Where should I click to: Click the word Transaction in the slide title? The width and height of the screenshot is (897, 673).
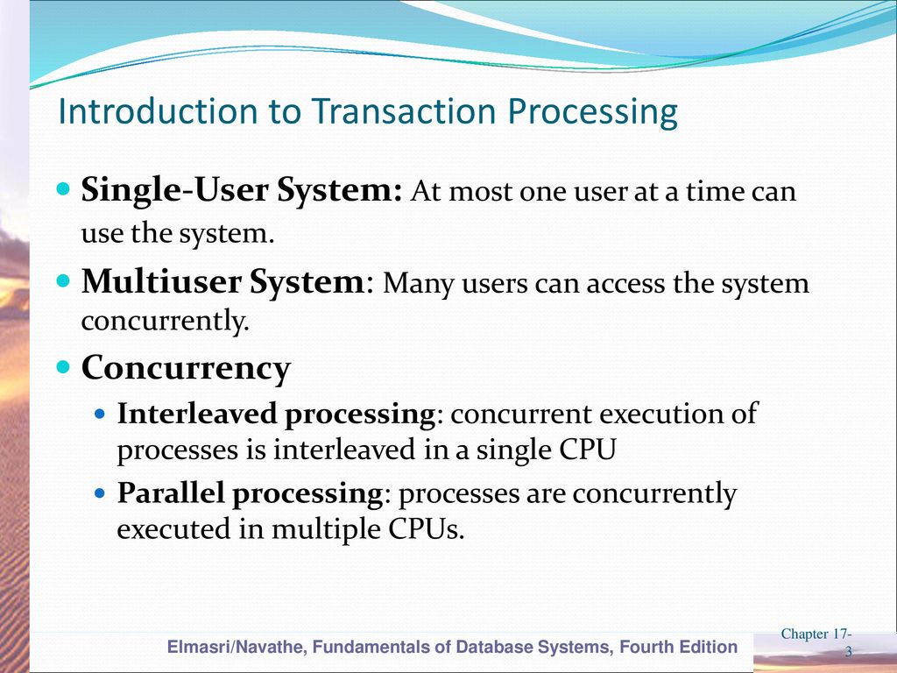tap(404, 111)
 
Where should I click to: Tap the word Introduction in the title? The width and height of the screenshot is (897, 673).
tap(158, 111)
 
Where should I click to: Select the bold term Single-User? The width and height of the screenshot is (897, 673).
tap(174, 190)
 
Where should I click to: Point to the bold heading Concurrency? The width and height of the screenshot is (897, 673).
tap(186, 368)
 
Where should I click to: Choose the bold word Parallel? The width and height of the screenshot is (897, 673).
tap(171, 492)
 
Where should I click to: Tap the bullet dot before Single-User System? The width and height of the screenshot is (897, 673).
tap(63, 189)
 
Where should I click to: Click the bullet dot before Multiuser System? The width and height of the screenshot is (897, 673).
tap(63, 281)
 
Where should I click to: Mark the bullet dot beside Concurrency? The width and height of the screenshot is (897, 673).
tap(63, 367)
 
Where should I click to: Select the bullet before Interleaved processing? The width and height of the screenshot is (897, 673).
tap(101, 414)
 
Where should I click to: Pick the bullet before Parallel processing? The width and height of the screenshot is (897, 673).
tap(101, 492)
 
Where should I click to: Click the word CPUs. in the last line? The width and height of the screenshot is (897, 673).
tap(427, 528)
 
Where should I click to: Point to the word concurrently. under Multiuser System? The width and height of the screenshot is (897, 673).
tap(166, 320)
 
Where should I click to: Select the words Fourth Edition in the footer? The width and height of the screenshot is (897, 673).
tap(679, 648)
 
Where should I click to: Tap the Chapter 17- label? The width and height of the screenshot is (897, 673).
tap(816, 634)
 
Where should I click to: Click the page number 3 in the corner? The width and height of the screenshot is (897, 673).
tap(849, 651)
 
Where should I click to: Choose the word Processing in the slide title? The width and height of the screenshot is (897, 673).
tap(593, 112)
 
